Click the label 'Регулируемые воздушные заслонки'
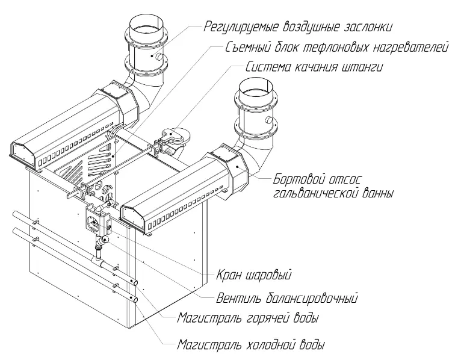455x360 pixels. click(x=298, y=26)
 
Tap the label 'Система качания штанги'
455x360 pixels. click(x=314, y=67)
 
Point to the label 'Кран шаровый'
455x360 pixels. click(x=253, y=276)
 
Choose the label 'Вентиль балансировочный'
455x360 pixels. click(x=287, y=297)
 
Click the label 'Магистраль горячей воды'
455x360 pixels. click(x=247, y=317)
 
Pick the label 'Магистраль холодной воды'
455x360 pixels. click(x=251, y=346)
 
